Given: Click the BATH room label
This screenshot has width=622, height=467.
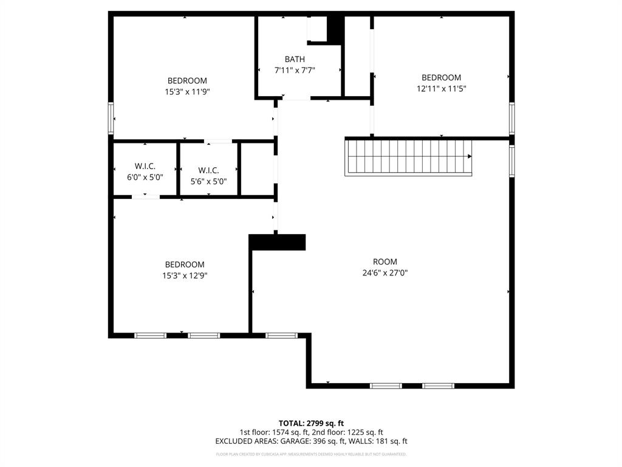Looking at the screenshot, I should [295, 59].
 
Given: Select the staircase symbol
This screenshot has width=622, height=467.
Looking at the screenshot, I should [408, 157].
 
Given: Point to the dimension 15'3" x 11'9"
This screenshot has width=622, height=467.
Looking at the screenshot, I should [187, 91].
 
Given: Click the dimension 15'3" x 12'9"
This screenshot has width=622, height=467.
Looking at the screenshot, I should [185, 275].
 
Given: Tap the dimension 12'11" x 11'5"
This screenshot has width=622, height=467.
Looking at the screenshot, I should [441, 88].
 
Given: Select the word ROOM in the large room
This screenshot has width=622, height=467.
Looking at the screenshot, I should [385, 262].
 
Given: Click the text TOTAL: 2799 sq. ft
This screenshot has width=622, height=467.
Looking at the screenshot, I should [311, 423].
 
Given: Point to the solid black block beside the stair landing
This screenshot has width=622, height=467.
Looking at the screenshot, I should [278, 242].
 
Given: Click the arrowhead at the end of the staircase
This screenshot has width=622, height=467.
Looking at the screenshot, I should [469, 156].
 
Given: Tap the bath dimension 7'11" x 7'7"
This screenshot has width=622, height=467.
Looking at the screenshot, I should [295, 70].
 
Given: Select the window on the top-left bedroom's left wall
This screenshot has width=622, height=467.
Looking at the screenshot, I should [111, 118].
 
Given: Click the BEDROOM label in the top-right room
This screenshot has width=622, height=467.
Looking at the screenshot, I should [441, 77].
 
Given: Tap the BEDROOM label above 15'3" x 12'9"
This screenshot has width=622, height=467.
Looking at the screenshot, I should [185, 265].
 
